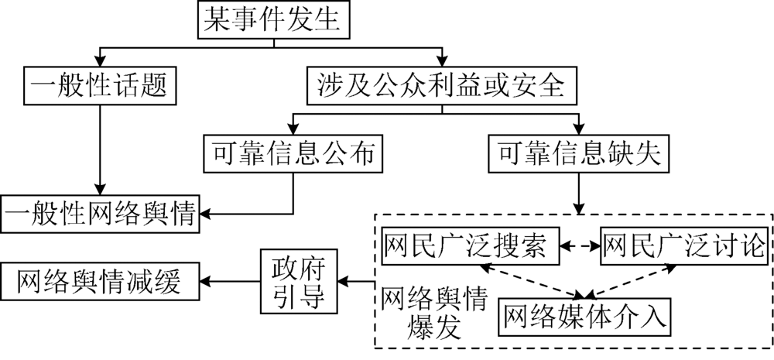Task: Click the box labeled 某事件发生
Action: tap(270, 20)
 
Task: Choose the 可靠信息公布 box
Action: tap(293, 155)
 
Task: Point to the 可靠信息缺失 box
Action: tap(576, 155)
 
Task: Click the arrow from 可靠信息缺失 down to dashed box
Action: tap(576, 193)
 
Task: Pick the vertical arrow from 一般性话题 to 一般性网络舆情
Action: tap(101, 147)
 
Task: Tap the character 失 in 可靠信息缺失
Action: tap(647, 155)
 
